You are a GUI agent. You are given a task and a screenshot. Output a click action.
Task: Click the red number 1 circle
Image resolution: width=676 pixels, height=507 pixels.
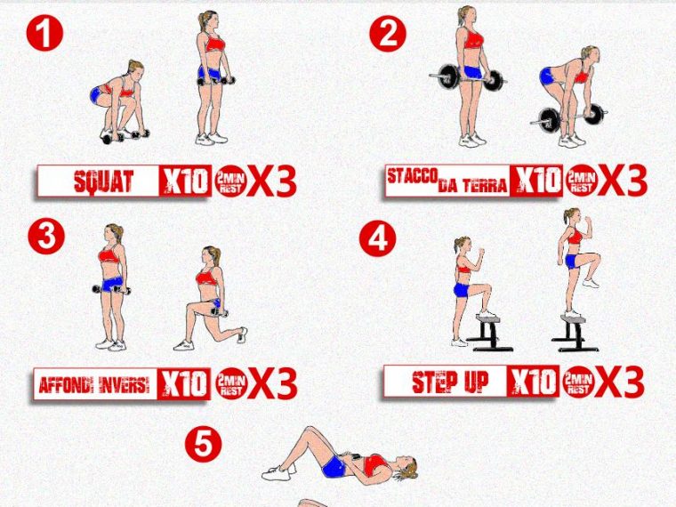(x=44, y=33)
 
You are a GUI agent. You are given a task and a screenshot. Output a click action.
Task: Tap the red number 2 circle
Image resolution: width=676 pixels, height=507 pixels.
(x=388, y=33)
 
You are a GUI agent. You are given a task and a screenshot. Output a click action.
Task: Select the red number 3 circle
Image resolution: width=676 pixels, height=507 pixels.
(x=46, y=236)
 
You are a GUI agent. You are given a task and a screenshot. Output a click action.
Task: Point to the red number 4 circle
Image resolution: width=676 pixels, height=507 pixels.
(x=378, y=238)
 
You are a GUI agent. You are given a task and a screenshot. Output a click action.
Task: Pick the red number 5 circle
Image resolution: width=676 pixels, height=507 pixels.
(x=204, y=444)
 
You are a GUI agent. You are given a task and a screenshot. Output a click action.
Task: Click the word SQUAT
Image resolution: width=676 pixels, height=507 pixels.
(x=103, y=181)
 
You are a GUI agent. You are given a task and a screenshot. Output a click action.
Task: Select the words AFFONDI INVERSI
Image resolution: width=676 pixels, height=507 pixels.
(x=94, y=384)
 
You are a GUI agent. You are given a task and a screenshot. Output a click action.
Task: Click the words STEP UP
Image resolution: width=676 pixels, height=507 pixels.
(x=450, y=382)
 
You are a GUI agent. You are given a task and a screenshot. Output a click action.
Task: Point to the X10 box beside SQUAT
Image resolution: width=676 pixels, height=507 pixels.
(x=185, y=181)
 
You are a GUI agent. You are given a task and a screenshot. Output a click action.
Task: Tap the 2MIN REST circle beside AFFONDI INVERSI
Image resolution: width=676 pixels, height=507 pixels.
(x=231, y=383)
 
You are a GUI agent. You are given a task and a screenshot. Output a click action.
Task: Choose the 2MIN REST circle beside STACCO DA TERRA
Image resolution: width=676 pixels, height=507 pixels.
(x=582, y=181)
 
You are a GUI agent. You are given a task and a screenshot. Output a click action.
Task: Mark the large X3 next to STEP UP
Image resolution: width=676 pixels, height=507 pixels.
(x=620, y=382)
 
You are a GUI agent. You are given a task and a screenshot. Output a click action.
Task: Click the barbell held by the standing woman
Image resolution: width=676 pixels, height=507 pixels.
(x=468, y=77)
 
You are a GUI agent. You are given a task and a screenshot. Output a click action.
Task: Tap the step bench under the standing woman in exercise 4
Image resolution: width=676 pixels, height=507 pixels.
(x=574, y=333)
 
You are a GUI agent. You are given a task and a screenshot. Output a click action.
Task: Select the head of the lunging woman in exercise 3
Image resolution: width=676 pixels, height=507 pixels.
(x=211, y=256)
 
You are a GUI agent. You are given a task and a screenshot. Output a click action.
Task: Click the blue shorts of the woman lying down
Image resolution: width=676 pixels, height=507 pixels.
(x=334, y=466)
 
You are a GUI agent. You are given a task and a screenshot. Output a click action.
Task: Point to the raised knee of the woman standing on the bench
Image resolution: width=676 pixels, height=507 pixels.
(x=595, y=258)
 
